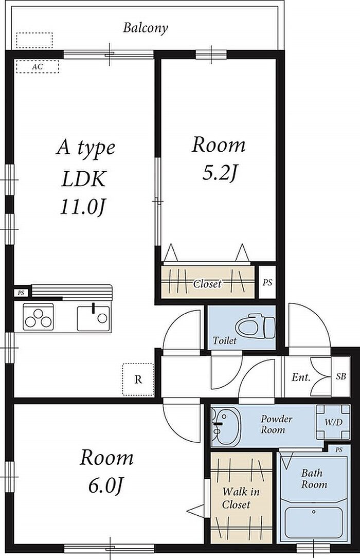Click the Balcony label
click(x=146, y=28)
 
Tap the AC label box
click(x=38, y=66)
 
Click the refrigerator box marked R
click(x=138, y=380)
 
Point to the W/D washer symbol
click(x=333, y=422)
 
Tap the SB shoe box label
click(x=341, y=376)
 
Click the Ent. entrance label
click(x=301, y=377)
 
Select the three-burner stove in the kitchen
click(x=39, y=317)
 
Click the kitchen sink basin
click(x=94, y=318)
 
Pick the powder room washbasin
click(x=226, y=426)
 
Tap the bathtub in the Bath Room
click(x=314, y=523)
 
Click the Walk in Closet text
click(x=240, y=498)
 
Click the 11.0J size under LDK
click(x=83, y=207)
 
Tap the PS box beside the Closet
click(x=267, y=282)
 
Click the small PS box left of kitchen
click(x=22, y=293)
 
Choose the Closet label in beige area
click(x=207, y=284)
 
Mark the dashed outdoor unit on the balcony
click(x=34, y=40)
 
